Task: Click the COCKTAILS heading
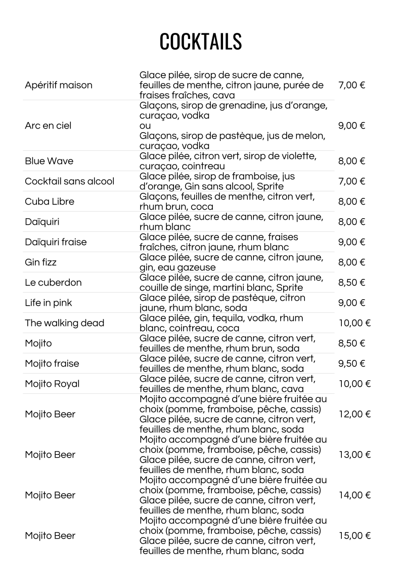[200, 42]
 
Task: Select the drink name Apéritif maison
[59, 85]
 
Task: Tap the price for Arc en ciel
[351, 126]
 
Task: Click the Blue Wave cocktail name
[49, 161]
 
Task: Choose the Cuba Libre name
[50, 201]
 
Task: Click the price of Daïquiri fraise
[351, 242]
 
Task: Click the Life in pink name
[49, 303]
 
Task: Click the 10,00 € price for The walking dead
[354, 323]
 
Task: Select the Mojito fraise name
[52, 363]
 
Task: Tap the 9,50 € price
[351, 363]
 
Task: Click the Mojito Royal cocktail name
[52, 384]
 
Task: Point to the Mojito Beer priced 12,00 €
[50, 414]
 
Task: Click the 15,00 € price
[354, 536]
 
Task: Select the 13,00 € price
[354, 455]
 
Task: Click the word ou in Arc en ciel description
[145, 126]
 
